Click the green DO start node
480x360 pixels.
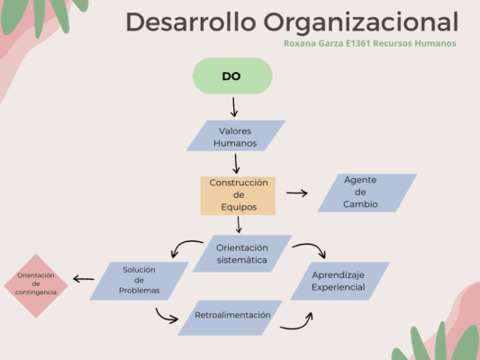(231, 76)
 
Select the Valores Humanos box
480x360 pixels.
(235, 137)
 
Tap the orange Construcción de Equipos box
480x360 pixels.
(238, 194)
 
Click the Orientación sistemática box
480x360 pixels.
(242, 254)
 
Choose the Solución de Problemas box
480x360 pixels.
(140, 280)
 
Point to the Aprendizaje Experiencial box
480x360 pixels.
(339, 280)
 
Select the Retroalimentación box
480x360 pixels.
(232, 316)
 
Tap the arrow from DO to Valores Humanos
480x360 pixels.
(234, 107)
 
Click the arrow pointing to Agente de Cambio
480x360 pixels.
(297, 193)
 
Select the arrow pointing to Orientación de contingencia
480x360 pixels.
(84, 279)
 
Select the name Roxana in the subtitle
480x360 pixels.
(301, 43)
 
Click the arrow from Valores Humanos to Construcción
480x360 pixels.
(236, 164)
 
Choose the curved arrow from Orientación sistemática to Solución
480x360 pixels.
(188, 245)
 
